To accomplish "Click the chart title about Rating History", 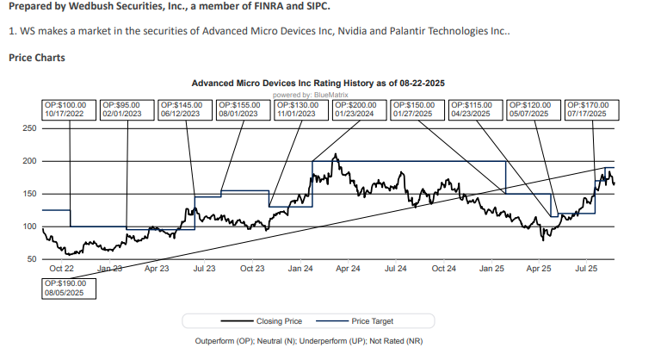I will [329, 84].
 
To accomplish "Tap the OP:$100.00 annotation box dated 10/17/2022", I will [69, 109].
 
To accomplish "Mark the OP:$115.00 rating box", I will [476, 109].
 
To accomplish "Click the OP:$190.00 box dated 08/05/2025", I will [69, 287].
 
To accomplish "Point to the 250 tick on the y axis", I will [28, 128].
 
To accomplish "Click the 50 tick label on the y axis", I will [31, 259].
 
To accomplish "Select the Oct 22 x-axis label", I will [61, 269].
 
